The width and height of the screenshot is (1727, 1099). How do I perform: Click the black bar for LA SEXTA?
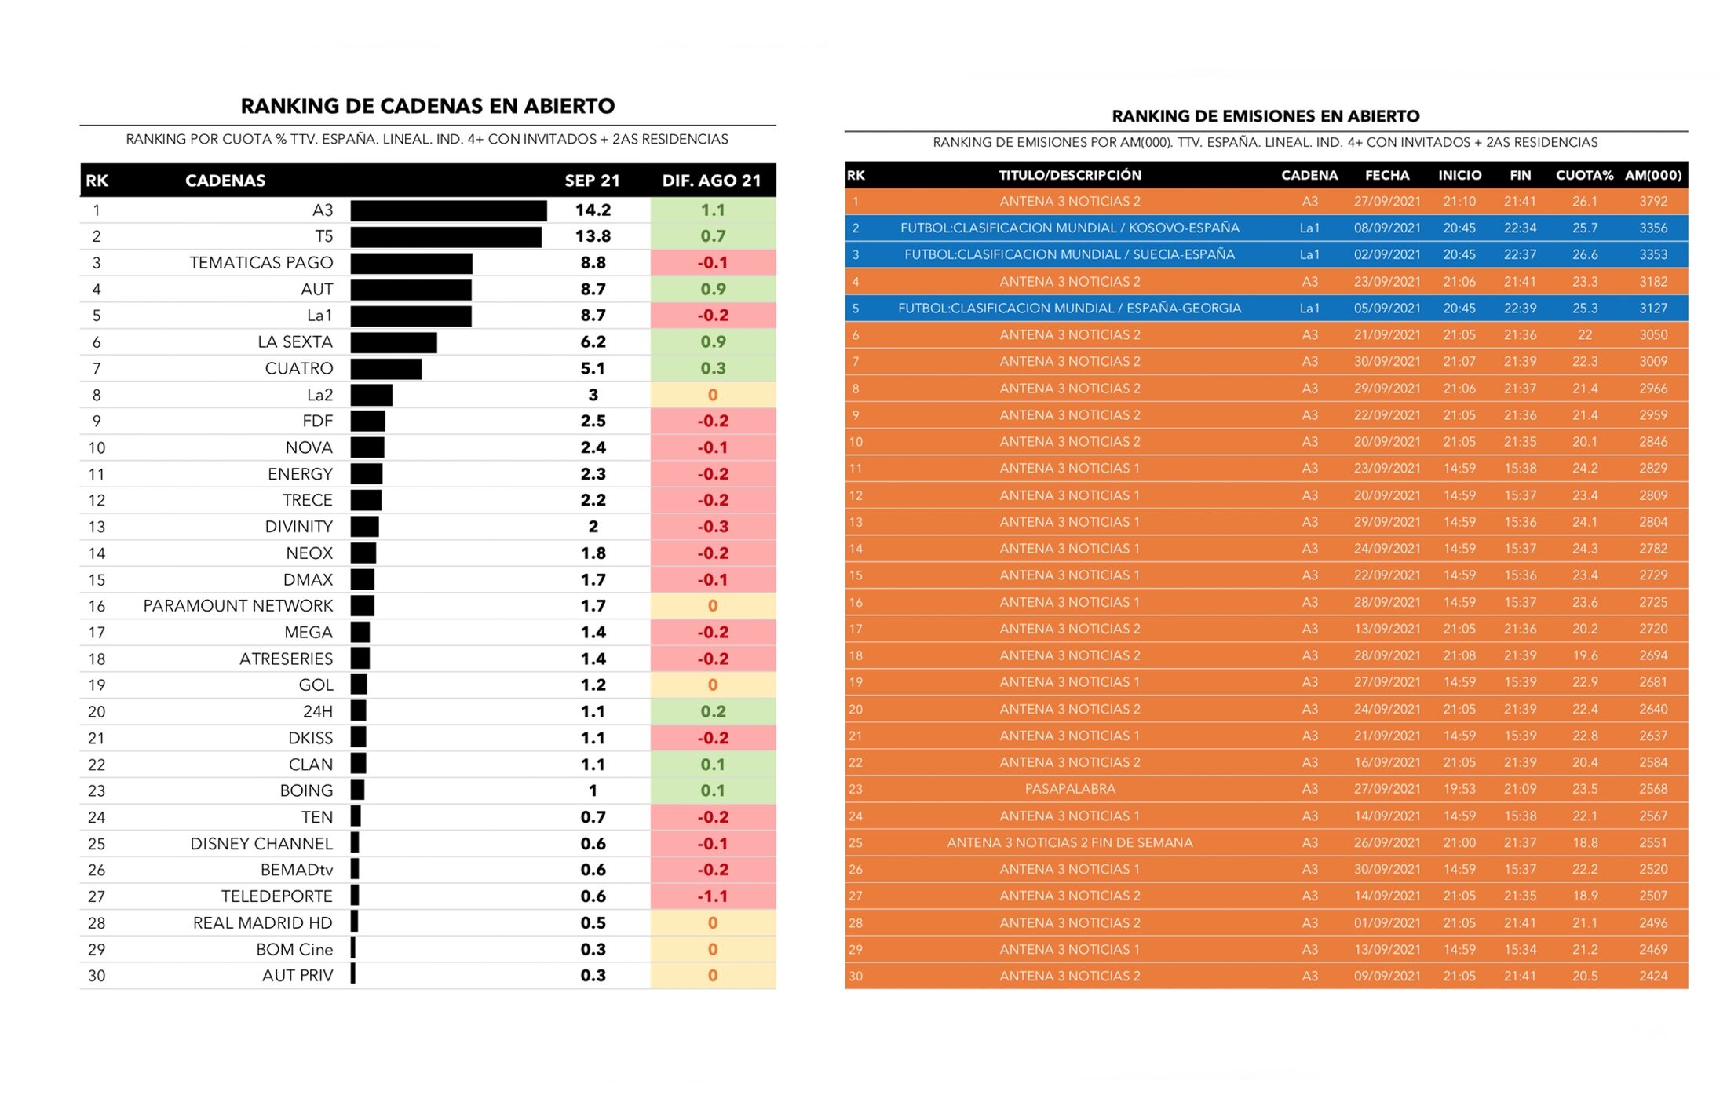pyautogui.click(x=393, y=342)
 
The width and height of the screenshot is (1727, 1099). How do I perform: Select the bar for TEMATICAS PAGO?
pyautogui.click(x=411, y=263)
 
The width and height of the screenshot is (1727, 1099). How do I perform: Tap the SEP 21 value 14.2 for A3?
pyautogui.click(x=593, y=210)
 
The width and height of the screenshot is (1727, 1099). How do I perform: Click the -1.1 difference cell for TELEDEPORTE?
pyautogui.click(x=713, y=896)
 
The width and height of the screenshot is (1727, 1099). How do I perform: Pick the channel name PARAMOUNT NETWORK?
pyautogui.click(x=238, y=606)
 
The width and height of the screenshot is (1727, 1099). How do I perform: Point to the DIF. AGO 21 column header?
pyautogui.click(x=711, y=181)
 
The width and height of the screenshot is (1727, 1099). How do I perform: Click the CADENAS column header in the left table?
pyautogui.click(x=225, y=181)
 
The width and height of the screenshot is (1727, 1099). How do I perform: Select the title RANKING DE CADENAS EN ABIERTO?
pyautogui.click(x=427, y=106)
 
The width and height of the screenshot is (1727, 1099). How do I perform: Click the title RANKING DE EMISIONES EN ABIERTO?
pyautogui.click(x=1265, y=116)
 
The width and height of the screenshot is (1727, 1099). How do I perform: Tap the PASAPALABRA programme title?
pyautogui.click(x=1069, y=789)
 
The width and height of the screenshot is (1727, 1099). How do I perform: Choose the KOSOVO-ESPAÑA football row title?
pyautogui.click(x=1069, y=228)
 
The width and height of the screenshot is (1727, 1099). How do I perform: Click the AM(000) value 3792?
pyautogui.click(x=1652, y=202)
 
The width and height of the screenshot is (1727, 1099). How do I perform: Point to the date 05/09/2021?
pyautogui.click(x=1386, y=309)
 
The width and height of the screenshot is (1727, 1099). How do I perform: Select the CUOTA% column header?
pyautogui.click(x=1584, y=175)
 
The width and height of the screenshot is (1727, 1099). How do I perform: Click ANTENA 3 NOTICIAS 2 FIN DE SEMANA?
pyautogui.click(x=1069, y=842)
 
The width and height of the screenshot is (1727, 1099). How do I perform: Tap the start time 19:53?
pyautogui.click(x=1459, y=789)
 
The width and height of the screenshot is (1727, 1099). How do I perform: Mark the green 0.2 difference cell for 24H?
pyautogui.click(x=713, y=712)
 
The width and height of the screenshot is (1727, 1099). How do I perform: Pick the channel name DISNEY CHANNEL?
pyautogui.click(x=261, y=844)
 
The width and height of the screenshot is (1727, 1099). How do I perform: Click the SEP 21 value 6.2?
pyautogui.click(x=593, y=342)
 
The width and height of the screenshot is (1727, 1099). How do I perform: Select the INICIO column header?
pyautogui.click(x=1459, y=175)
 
